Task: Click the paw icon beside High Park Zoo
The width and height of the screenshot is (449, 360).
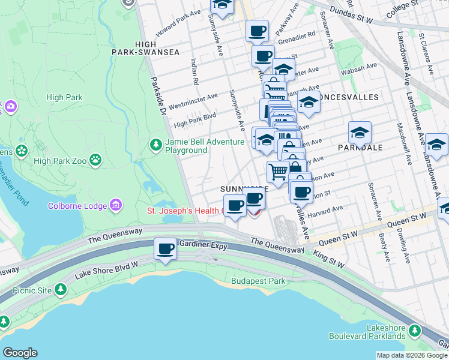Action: pyautogui.click(x=95, y=160)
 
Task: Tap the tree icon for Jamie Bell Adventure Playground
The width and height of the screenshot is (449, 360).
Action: pyautogui.click(x=156, y=145)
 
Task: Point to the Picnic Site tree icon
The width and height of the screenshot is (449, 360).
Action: pyautogui.click(x=60, y=290)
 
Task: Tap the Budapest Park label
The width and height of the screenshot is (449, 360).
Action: pyautogui.click(x=259, y=281)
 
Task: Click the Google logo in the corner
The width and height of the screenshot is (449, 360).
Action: pyautogui.click(x=20, y=353)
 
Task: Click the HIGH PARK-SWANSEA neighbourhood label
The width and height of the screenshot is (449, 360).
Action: pyautogui.click(x=145, y=48)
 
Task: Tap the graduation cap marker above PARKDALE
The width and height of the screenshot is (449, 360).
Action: pyautogui.click(x=360, y=132)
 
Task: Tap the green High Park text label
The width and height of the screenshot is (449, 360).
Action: pyautogui.click(x=64, y=97)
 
